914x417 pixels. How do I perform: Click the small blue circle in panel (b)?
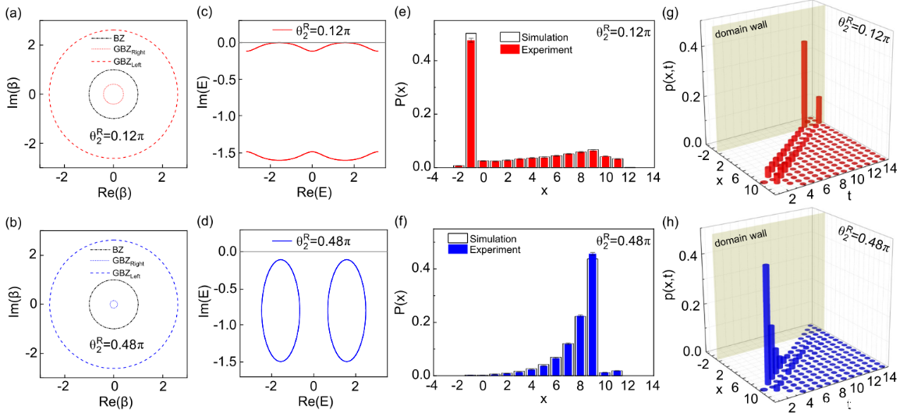tap(114, 304)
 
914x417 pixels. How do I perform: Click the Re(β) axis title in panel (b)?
tap(114, 404)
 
